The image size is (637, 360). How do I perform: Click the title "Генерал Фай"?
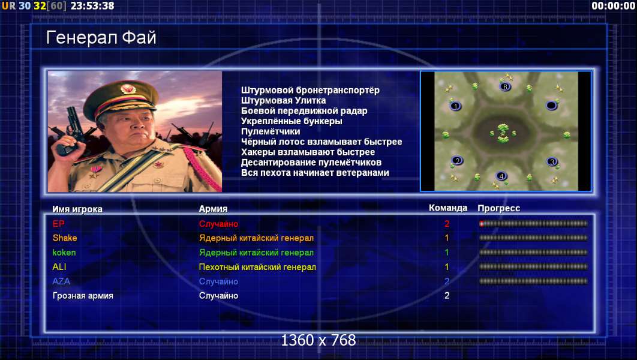(101, 38)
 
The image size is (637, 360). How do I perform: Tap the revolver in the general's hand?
(70, 128)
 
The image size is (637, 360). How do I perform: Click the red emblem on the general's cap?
(127, 89)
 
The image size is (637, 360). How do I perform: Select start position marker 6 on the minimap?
(505, 86)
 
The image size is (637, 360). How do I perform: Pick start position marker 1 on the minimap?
(455, 106)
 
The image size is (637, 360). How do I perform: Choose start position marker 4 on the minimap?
(501, 176)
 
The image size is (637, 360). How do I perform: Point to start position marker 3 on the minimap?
(551, 162)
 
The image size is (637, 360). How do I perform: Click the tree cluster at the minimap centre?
(503, 133)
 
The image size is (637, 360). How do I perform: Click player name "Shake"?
(65, 238)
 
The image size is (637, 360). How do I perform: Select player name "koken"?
(64, 253)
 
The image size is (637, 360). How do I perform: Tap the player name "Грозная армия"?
(83, 296)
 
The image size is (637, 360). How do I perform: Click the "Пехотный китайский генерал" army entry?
(257, 267)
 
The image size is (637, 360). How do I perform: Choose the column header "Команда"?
(447, 208)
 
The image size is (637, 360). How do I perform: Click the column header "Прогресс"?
(498, 208)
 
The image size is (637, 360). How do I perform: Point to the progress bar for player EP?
(533, 223)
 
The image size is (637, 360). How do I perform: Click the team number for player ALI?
(447, 267)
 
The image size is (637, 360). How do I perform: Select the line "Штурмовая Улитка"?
(283, 100)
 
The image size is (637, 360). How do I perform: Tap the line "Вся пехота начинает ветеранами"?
(315, 173)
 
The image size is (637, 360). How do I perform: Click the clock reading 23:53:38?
(92, 6)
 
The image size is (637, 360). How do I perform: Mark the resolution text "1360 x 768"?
(318, 340)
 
